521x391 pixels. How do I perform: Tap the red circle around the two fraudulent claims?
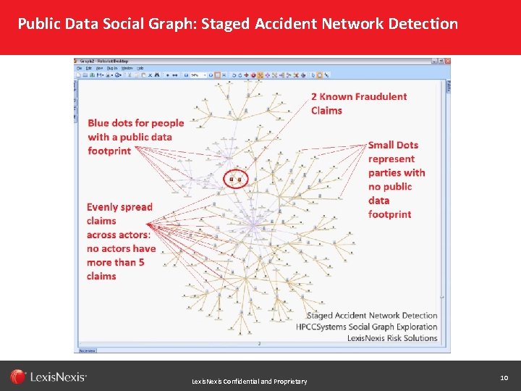[x=236, y=177]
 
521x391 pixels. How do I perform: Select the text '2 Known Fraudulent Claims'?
[x=359, y=104]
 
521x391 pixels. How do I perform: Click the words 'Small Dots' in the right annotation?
[x=393, y=145]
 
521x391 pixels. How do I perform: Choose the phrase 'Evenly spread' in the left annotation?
[x=119, y=207]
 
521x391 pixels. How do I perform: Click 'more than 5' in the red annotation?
[x=116, y=262]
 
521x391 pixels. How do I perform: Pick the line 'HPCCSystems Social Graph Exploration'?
[x=367, y=327]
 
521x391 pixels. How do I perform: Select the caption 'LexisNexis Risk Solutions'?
[x=392, y=338]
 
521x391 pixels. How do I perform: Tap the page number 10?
[x=504, y=378]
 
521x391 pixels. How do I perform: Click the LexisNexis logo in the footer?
[x=48, y=377]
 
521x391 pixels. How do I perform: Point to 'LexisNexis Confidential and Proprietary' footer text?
[x=249, y=382]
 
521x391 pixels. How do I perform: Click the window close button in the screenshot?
[x=446, y=61]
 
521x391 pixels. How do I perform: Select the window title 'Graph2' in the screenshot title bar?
[x=92, y=61]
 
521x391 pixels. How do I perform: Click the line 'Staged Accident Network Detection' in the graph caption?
[x=372, y=316]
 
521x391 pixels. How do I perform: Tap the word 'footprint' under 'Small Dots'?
[x=389, y=214]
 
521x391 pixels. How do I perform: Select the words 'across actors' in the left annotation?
[x=118, y=235]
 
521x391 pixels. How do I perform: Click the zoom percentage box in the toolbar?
[x=195, y=75]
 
